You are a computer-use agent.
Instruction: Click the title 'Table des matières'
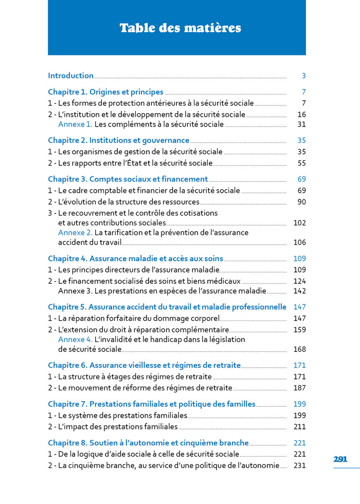coord(180,28)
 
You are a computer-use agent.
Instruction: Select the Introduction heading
coord(71,76)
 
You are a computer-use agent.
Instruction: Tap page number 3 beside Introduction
coord(303,76)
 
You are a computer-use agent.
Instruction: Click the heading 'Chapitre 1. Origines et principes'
coord(105,92)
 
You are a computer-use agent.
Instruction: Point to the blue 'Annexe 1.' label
coord(75,124)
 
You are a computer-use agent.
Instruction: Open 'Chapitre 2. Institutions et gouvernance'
coord(118,140)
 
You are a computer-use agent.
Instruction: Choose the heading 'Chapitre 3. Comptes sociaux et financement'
coord(128,179)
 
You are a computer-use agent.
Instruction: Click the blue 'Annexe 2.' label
coord(75,232)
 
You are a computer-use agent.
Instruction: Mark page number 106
coord(299,242)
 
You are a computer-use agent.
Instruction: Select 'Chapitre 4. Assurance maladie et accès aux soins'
coord(135,259)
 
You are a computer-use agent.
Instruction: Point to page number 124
coord(299,281)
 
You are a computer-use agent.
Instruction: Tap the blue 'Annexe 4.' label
coord(75,339)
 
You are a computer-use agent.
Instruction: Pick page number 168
coord(299,349)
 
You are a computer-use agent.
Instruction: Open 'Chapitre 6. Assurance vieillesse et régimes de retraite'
coord(144,366)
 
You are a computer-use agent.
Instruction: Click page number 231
coord(299,465)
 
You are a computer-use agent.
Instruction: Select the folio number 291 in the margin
coord(340,459)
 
